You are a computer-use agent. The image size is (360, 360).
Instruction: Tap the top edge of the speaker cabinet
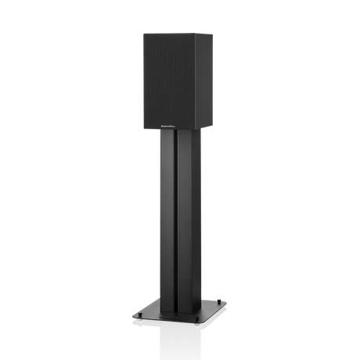tap(176, 31)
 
